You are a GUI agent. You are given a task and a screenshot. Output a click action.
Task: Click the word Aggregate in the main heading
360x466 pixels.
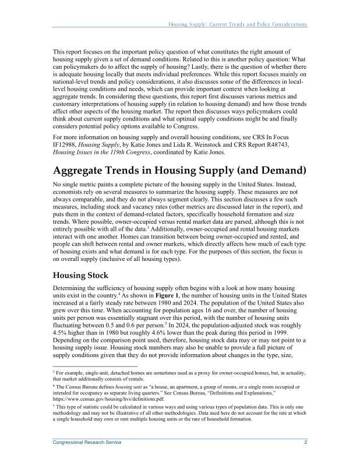(x=81, y=170)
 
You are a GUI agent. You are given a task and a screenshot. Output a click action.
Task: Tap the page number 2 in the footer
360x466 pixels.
(x=306, y=443)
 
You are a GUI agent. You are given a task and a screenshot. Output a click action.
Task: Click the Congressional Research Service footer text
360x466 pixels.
(x=87, y=443)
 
